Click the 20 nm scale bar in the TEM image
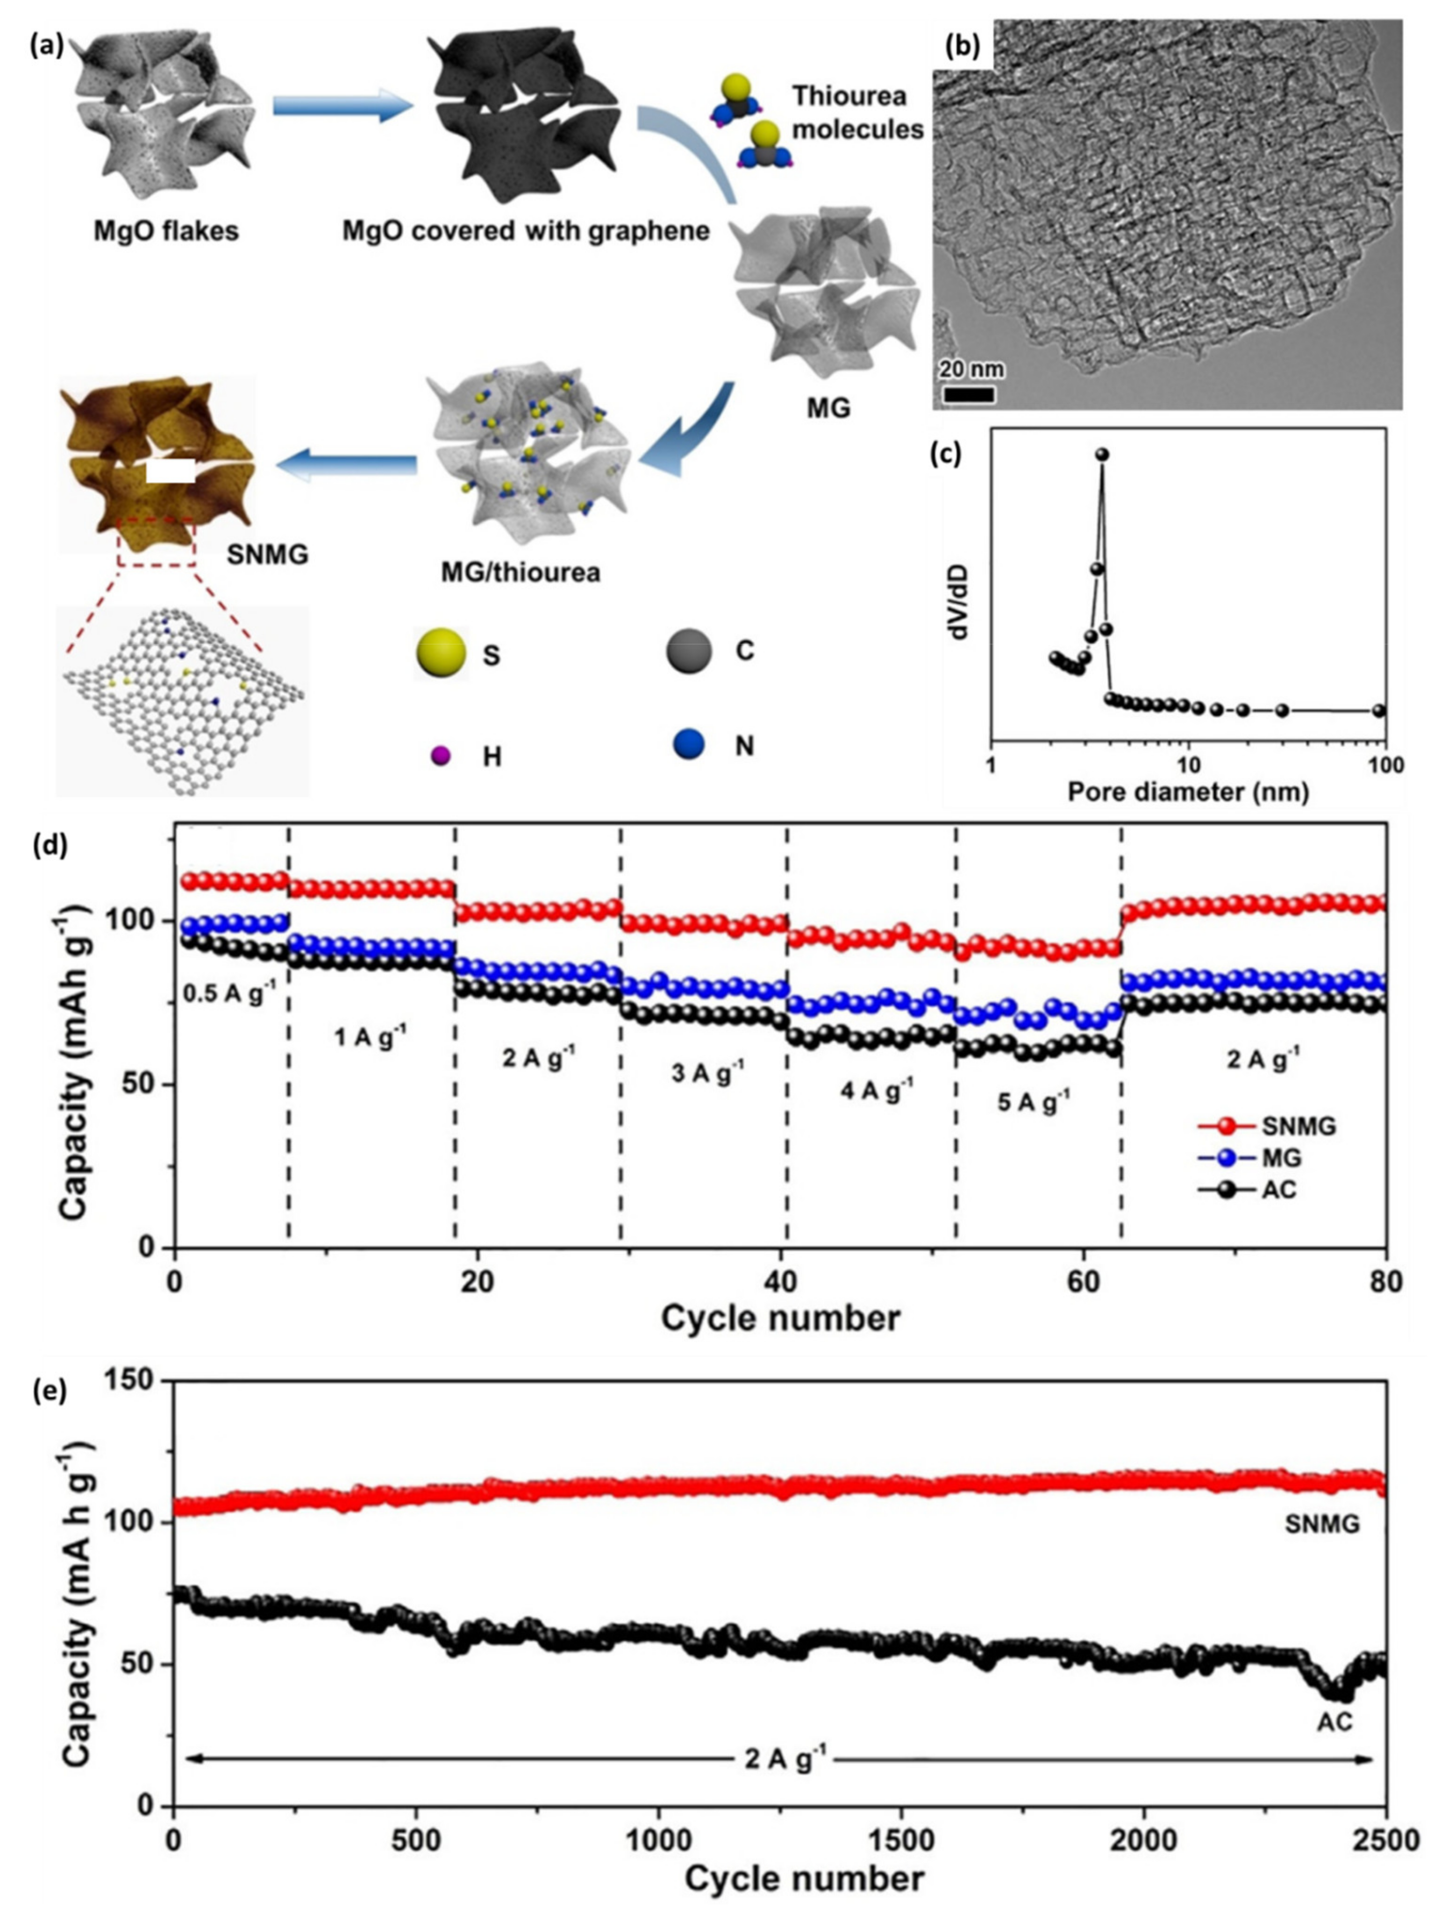[x=968, y=395]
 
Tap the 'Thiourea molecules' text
[x=857, y=112]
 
